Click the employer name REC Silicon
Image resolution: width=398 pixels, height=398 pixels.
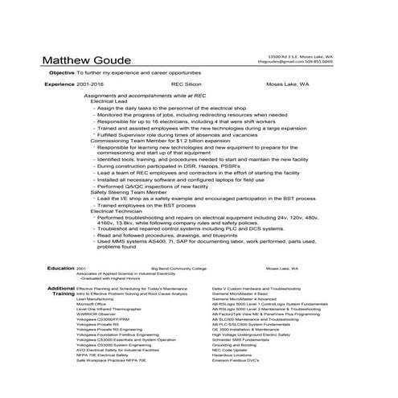[x=187, y=84]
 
